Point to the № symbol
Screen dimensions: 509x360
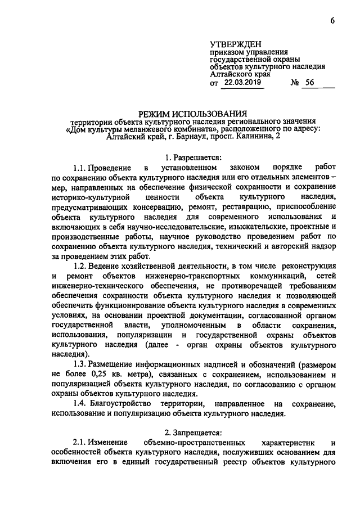(x=295, y=83)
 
